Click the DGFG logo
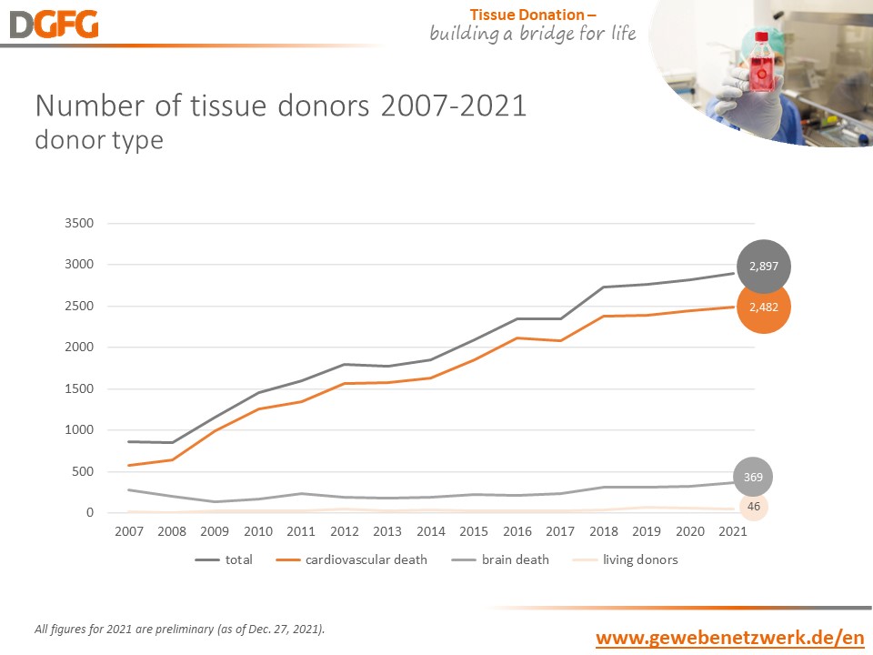pyautogui.click(x=54, y=25)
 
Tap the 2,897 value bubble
pyautogui.click(x=764, y=267)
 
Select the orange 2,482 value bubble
pyautogui.click(x=764, y=307)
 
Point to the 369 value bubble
pyautogui.click(x=754, y=476)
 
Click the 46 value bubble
pyautogui.click(x=753, y=505)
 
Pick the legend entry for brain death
pyautogui.click(x=504, y=559)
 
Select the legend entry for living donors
pyautogui.click(x=628, y=559)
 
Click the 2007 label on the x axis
pyautogui.click(x=128, y=531)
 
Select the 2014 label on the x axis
pyautogui.click(x=430, y=531)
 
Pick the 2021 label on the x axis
pyautogui.click(x=732, y=531)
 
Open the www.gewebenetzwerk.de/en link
pyautogui.click(x=729, y=638)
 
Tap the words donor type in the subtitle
pyautogui.click(x=99, y=141)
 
